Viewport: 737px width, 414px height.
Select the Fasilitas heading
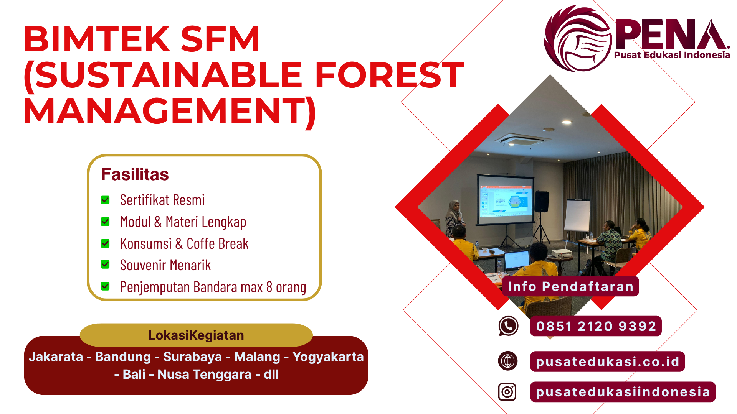(135, 174)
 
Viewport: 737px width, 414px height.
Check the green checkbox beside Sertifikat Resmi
(105, 200)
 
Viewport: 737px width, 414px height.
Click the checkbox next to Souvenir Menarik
(105, 264)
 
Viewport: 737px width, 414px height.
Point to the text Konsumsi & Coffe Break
(184, 244)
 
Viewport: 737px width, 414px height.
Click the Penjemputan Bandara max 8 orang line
(213, 287)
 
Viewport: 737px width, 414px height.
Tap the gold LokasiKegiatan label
(196, 335)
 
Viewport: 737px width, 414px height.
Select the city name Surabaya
(192, 357)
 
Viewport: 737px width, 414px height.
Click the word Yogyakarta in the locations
(328, 357)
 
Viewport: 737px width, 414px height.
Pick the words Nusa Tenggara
(204, 375)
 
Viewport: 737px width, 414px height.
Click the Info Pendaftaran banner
(570, 286)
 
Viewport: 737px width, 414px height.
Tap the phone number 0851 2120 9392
(596, 326)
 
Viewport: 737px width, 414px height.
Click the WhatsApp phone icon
(508, 326)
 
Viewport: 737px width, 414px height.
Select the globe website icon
(508, 361)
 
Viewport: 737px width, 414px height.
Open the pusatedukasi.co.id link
(607, 361)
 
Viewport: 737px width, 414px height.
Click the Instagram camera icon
(507, 392)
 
